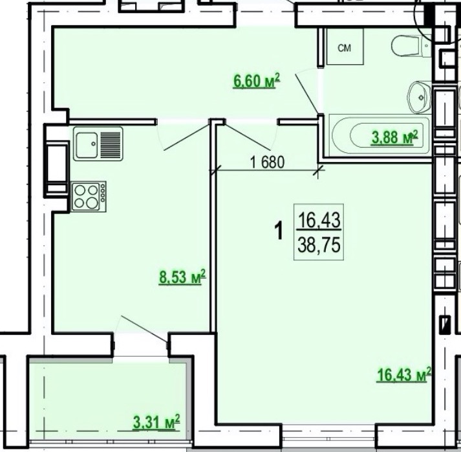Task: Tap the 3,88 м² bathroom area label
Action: click(x=394, y=137)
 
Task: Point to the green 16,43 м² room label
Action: click(x=404, y=374)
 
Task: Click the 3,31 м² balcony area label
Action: click(x=156, y=423)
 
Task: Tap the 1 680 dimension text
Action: click(x=267, y=162)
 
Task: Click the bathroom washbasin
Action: click(x=418, y=97)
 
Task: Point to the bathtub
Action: click(x=380, y=135)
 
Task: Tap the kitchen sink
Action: click(x=98, y=144)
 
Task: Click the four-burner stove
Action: click(x=89, y=196)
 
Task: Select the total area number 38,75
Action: click(x=319, y=245)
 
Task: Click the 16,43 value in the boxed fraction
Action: click(x=319, y=220)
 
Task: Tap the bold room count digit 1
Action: click(x=279, y=231)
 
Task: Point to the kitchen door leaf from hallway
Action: click(x=187, y=137)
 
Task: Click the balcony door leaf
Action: click(x=145, y=329)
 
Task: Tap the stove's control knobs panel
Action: click(x=103, y=192)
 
